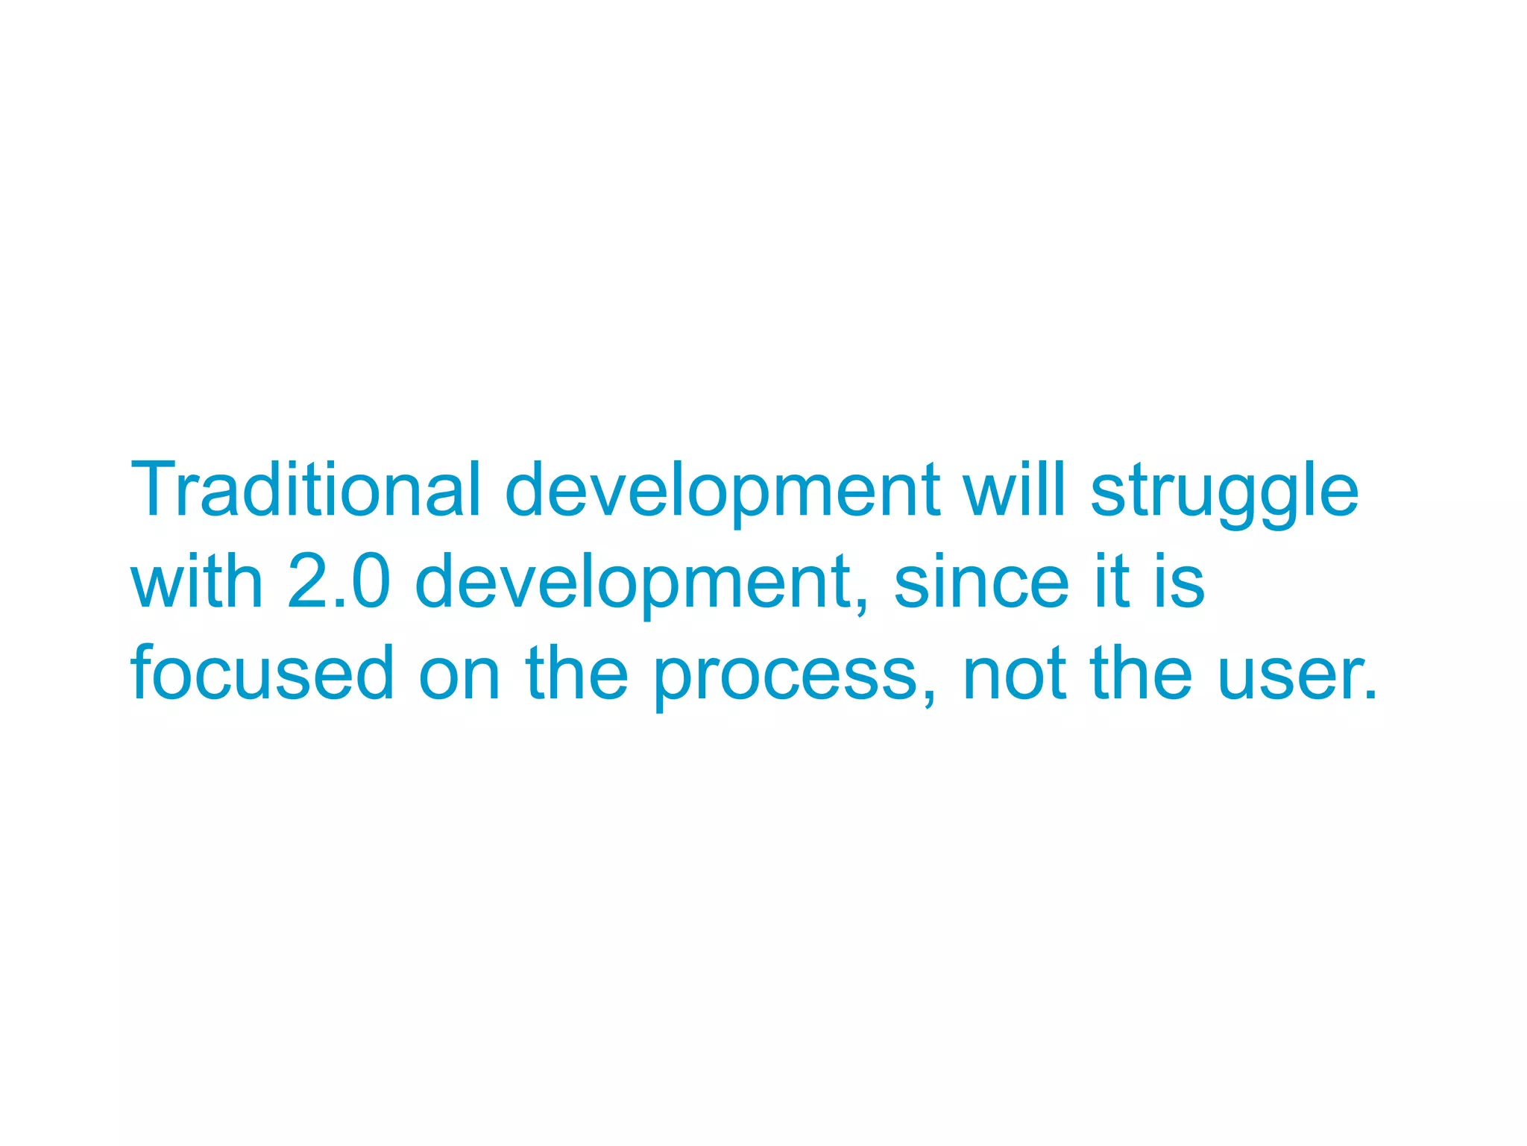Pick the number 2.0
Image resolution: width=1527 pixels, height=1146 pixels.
tap(339, 581)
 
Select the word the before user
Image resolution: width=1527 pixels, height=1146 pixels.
tap(1141, 673)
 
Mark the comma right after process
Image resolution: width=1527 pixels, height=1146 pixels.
tap(928, 698)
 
